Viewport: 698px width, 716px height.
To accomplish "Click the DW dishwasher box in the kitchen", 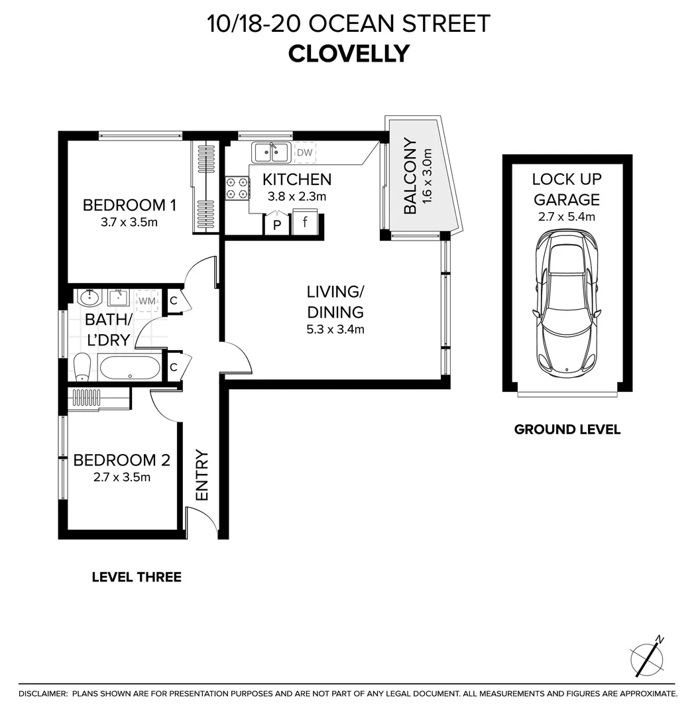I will pos(305,153).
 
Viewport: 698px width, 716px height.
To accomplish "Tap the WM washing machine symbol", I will pos(148,302).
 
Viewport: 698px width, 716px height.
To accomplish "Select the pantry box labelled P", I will pos(276,224).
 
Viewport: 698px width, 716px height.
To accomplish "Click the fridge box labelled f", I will pos(305,223).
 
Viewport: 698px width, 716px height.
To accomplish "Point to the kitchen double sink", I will pos(270,153).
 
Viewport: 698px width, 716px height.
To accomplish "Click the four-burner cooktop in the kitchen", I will pos(237,187).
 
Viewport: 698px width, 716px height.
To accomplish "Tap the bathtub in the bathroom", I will pos(129,367).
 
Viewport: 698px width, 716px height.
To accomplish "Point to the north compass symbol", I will pos(647,658).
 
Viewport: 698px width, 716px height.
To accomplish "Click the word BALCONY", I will pos(410,176).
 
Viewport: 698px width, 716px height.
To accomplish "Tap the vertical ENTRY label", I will pos(202,475).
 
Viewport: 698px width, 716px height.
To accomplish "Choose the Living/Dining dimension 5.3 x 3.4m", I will pos(335,329).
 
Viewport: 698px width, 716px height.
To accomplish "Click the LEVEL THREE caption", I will pos(137,577).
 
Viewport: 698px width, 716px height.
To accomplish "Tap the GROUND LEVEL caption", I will pos(567,430).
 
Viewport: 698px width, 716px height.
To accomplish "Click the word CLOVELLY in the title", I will pos(349,54).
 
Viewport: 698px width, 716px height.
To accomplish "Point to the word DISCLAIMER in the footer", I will pos(43,693).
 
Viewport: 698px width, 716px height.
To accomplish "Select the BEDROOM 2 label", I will pos(122,460).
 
